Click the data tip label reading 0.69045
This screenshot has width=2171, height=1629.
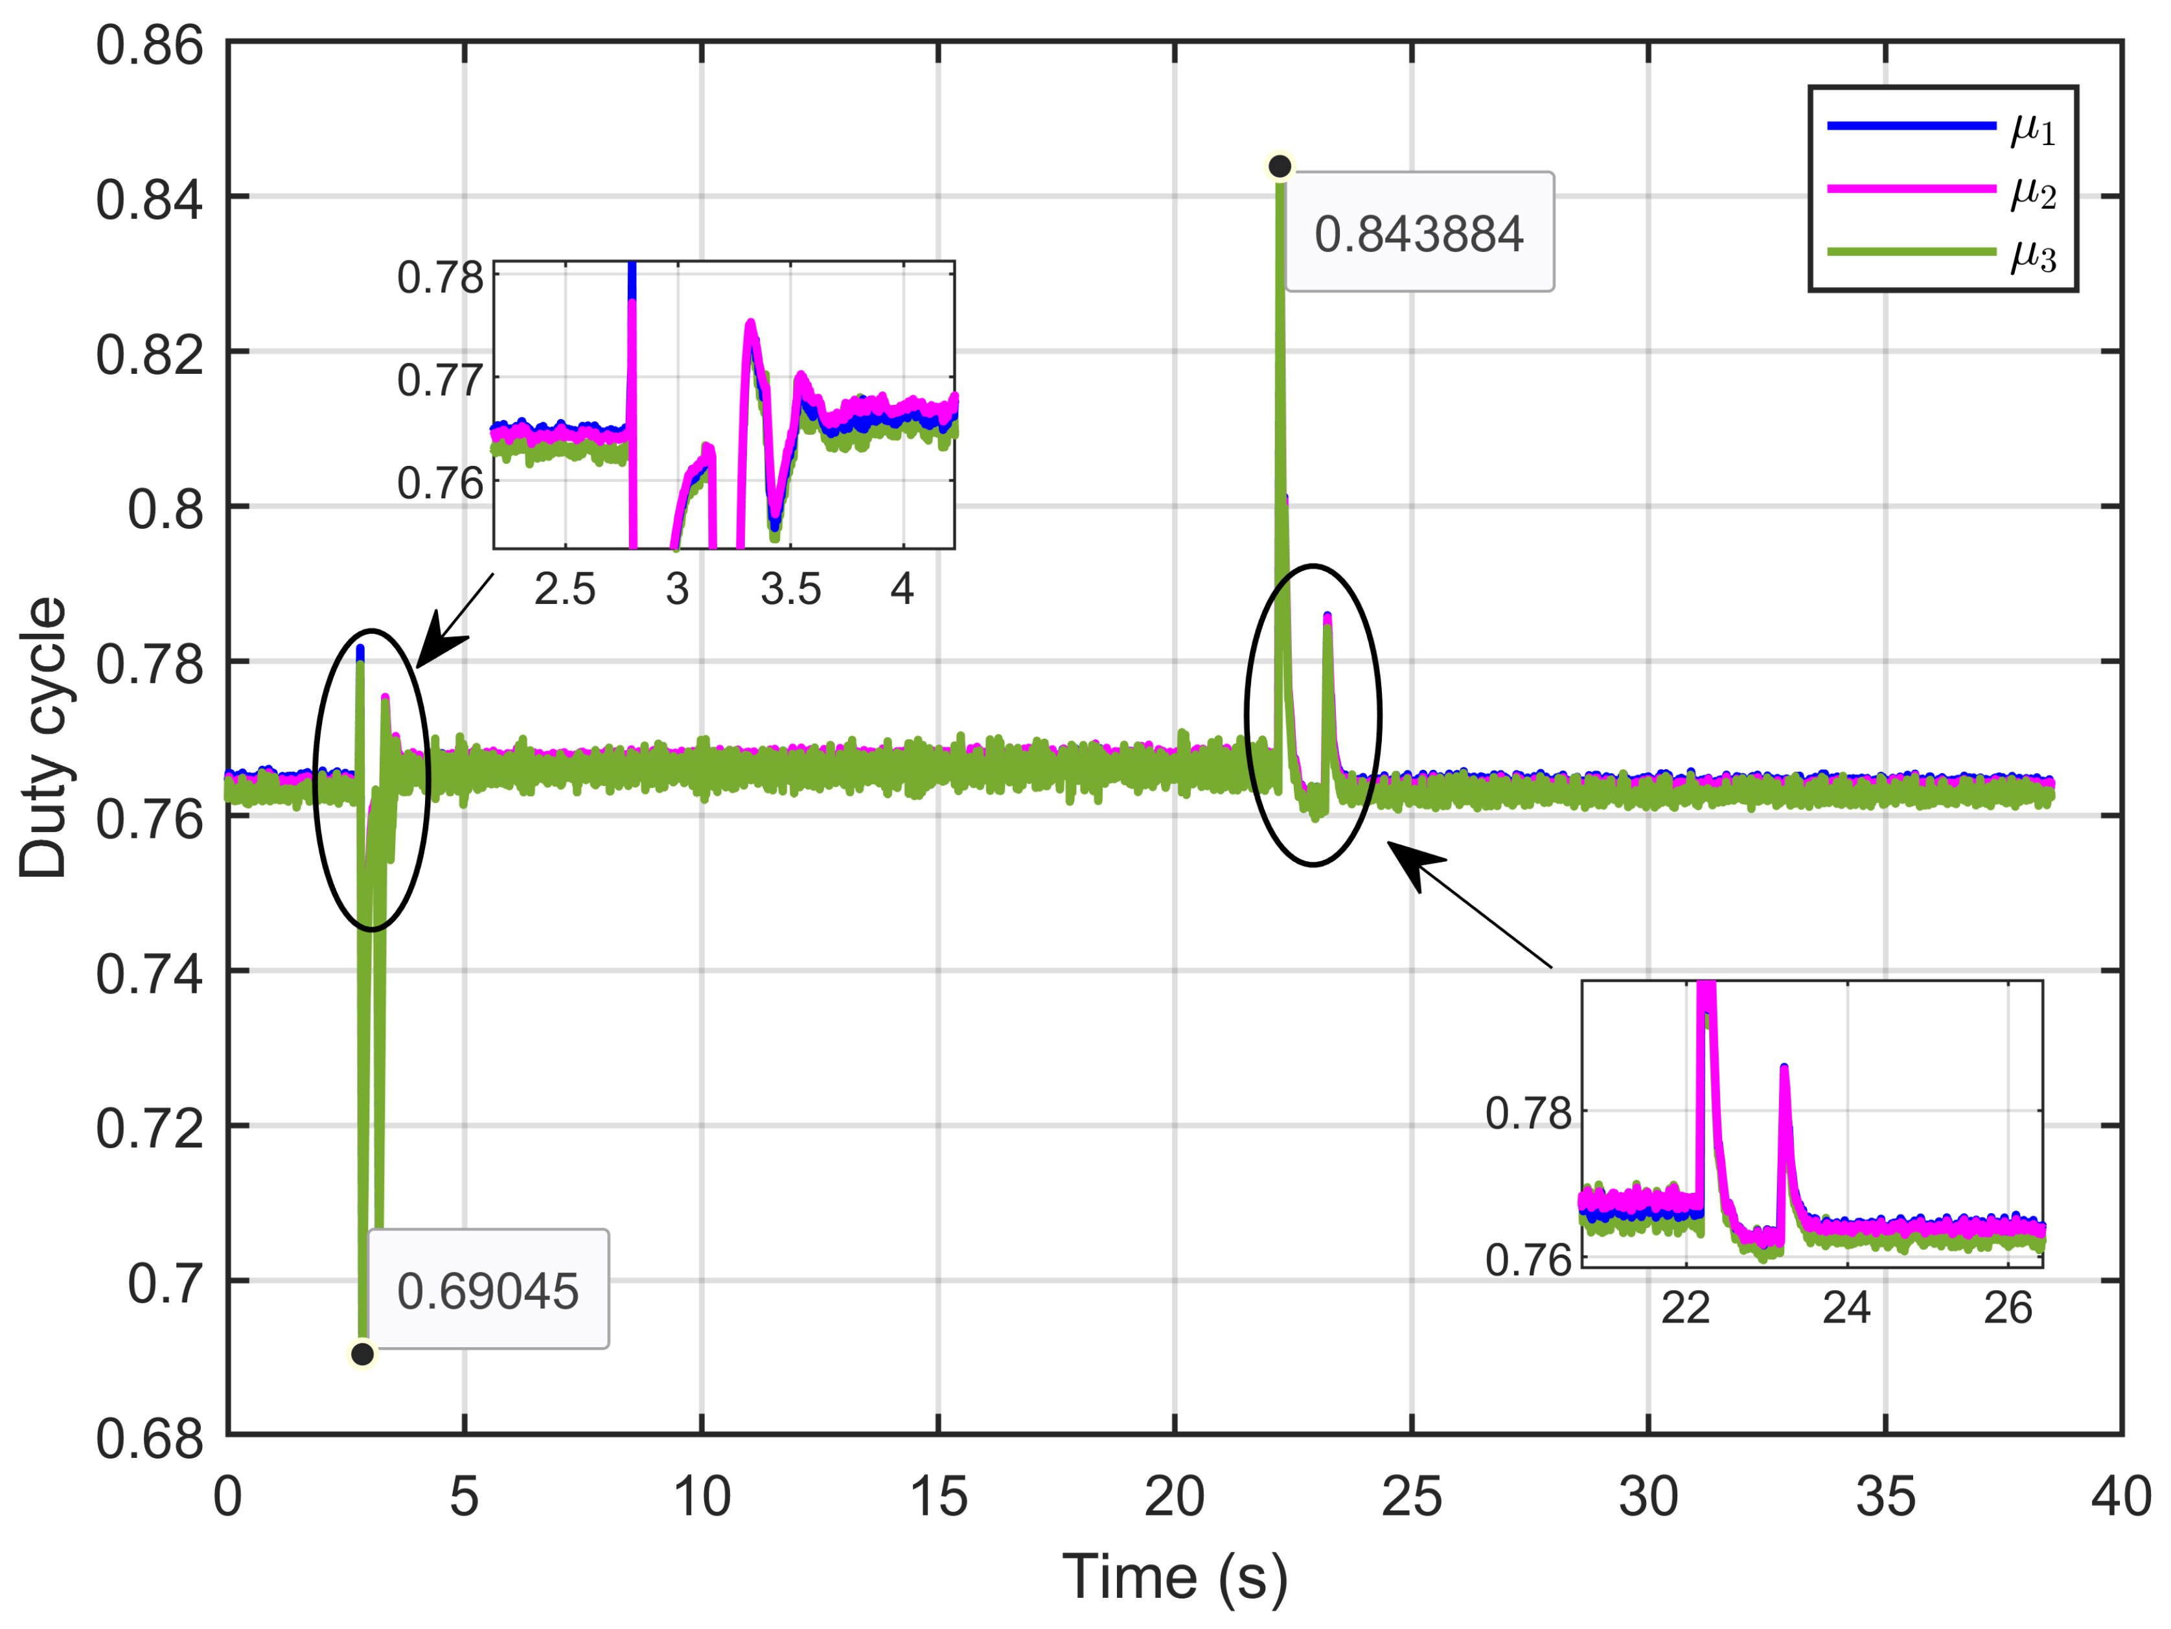[x=488, y=1290]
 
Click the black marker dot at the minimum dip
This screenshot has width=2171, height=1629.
[x=362, y=1354]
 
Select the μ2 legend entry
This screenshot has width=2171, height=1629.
[x=2032, y=191]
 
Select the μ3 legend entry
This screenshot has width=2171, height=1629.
[x=2032, y=253]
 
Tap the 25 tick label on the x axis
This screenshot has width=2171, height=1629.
[x=1411, y=1498]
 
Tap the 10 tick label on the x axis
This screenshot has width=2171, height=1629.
[x=701, y=1498]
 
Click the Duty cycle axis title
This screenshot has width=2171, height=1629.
[x=43, y=737]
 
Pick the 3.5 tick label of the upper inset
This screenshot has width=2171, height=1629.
[x=790, y=589]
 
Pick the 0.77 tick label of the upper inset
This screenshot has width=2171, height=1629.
[x=440, y=380]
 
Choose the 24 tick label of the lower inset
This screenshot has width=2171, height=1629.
[x=1846, y=1309]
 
